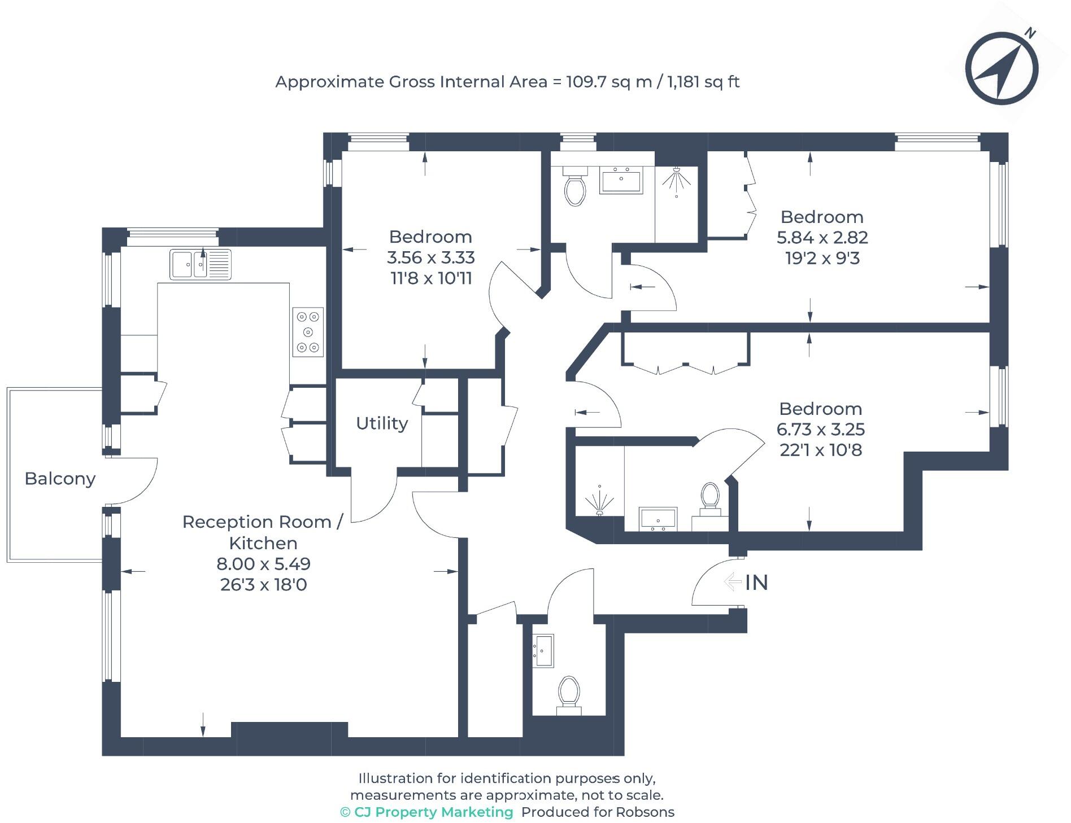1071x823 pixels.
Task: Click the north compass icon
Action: point(1001,69)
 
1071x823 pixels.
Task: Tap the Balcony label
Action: point(60,479)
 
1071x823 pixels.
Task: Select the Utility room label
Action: point(382,423)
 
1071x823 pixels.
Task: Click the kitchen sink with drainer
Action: point(201,264)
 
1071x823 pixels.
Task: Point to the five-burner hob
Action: point(308,332)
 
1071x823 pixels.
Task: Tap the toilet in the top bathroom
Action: point(575,189)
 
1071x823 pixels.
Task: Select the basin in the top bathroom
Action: point(621,180)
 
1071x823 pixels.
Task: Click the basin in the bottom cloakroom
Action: point(543,650)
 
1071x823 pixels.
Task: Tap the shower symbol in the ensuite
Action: point(599,501)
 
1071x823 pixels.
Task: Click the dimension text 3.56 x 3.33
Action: point(430,257)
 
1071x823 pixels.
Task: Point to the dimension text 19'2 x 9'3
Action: point(822,259)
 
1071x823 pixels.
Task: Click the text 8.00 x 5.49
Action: point(263,563)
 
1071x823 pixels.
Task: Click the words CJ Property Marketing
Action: point(433,812)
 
